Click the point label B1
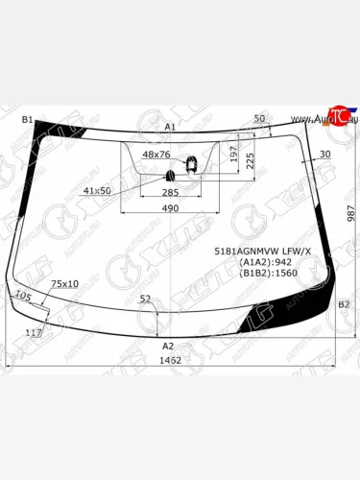pos(28,119)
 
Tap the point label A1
pos(170,127)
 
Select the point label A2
pos(167,346)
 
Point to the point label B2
pos(343,304)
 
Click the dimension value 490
pos(170,209)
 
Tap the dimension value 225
pos(251,160)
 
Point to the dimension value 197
pos(233,155)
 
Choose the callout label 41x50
pos(97,191)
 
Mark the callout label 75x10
pos(64,284)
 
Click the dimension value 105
pos(24,297)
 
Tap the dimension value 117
pos(33,332)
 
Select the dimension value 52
pos(145,300)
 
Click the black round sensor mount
pos(173,175)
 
